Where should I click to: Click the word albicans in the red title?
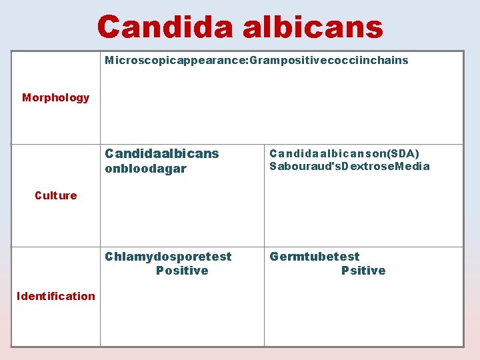coord(313,27)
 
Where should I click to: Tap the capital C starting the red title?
coord(108,27)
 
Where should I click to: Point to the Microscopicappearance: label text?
coord(176,61)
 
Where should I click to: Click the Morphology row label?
coord(55,98)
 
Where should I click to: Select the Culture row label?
coord(55,195)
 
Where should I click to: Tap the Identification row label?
coord(56,296)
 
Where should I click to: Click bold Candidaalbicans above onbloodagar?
coord(162,154)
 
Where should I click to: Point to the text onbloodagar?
coord(146,169)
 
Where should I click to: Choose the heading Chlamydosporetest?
coord(168,257)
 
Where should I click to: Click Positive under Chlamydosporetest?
coord(182,271)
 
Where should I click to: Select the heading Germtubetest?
coord(314,257)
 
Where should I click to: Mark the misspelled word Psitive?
coord(363,271)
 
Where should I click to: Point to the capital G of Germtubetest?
coord(274,257)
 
